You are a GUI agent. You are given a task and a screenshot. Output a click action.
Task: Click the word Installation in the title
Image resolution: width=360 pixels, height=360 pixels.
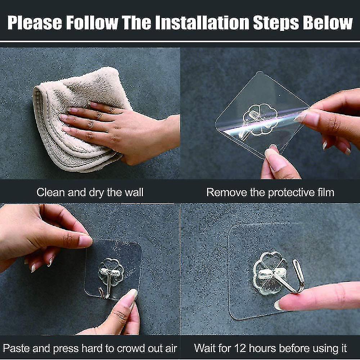pyautogui.click(x=202, y=23)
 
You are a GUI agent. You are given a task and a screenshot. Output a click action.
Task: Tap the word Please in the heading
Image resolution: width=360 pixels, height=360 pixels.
pyautogui.click(x=35, y=23)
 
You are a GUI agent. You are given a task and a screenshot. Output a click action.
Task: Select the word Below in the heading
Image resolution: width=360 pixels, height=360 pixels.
pyautogui.click(x=328, y=23)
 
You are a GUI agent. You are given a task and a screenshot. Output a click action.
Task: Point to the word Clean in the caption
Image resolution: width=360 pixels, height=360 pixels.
pyautogui.click(x=51, y=192)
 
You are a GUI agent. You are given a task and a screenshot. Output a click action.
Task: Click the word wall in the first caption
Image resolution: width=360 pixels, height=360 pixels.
pyautogui.click(x=134, y=192)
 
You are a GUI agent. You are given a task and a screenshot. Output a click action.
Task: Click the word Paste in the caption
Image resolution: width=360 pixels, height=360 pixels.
pyautogui.click(x=16, y=348)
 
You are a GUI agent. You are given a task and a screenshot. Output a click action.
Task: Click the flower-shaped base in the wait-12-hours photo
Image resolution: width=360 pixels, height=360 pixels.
pyautogui.click(x=270, y=273)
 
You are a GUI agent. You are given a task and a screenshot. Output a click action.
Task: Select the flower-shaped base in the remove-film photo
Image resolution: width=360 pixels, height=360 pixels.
pyautogui.click(x=261, y=120)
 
